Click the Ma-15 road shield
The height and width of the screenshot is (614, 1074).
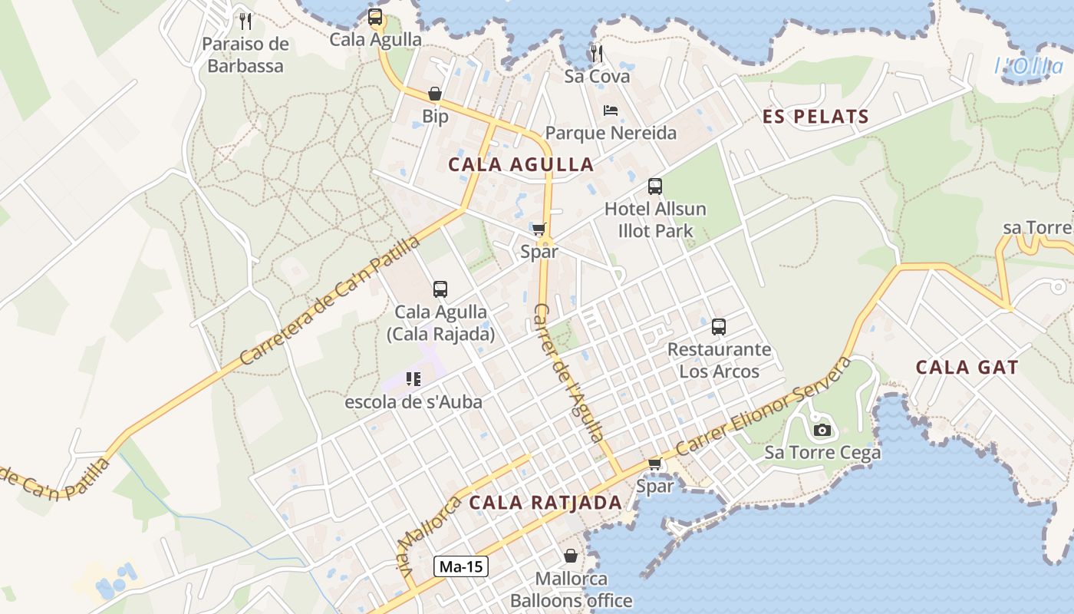[461, 567]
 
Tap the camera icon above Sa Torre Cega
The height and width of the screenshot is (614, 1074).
[822, 430]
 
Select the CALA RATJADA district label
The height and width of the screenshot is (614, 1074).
[545, 503]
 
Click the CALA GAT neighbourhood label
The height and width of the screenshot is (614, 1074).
[967, 368]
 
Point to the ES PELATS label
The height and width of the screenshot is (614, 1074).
[815, 117]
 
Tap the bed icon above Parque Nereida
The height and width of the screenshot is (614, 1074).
[611, 111]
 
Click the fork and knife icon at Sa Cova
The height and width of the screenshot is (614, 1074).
[596, 53]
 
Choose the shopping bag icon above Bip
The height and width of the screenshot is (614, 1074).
[435, 94]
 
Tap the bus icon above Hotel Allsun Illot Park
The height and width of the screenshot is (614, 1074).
[654, 186]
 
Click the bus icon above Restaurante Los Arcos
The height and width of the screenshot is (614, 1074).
[719, 327]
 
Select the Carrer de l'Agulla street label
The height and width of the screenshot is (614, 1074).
[568, 373]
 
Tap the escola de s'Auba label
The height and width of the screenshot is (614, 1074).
[413, 401]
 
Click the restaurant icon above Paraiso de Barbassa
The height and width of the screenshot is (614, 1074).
[245, 21]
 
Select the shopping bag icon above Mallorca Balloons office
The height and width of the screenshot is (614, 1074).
[571, 555]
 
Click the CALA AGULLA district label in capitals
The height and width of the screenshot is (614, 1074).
[521, 164]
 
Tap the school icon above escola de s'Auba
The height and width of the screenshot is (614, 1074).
[413, 378]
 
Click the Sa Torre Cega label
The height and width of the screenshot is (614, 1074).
[822, 453]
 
